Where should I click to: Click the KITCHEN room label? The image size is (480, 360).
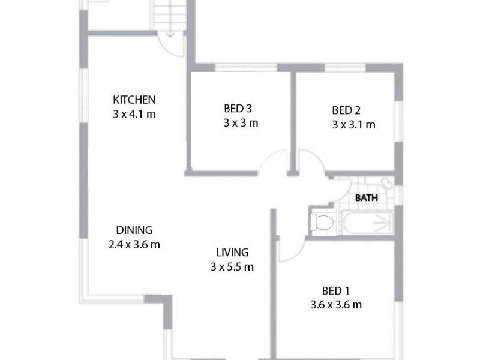point(134,99)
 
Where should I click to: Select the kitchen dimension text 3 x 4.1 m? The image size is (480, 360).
point(134,113)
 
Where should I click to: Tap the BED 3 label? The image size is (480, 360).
point(238,109)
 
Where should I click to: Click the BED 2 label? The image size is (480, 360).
point(346,110)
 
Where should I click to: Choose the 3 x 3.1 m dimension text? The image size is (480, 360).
point(353,125)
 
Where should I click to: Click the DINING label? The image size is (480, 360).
point(134,230)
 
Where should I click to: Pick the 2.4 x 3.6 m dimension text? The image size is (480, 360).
point(134,244)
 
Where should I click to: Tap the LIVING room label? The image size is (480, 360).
point(232,253)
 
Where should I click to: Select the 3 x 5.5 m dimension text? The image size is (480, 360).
point(232,267)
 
